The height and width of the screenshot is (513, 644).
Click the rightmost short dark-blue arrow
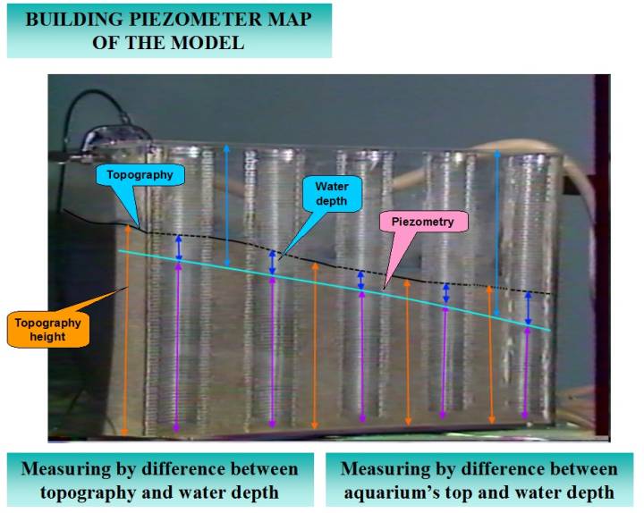pyautogui.click(x=528, y=308)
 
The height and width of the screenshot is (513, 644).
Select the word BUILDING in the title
pyautogui.click(x=68, y=19)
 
